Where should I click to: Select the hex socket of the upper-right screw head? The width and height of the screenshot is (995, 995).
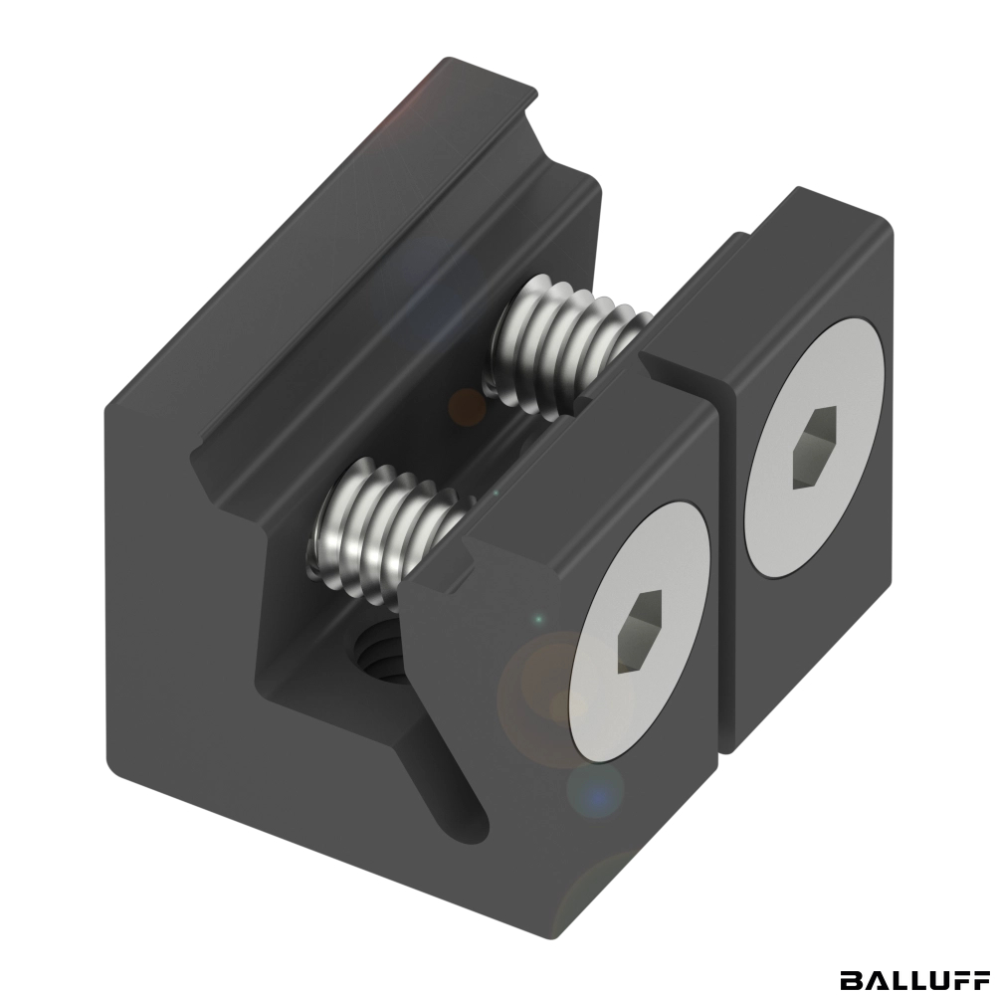(x=815, y=448)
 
